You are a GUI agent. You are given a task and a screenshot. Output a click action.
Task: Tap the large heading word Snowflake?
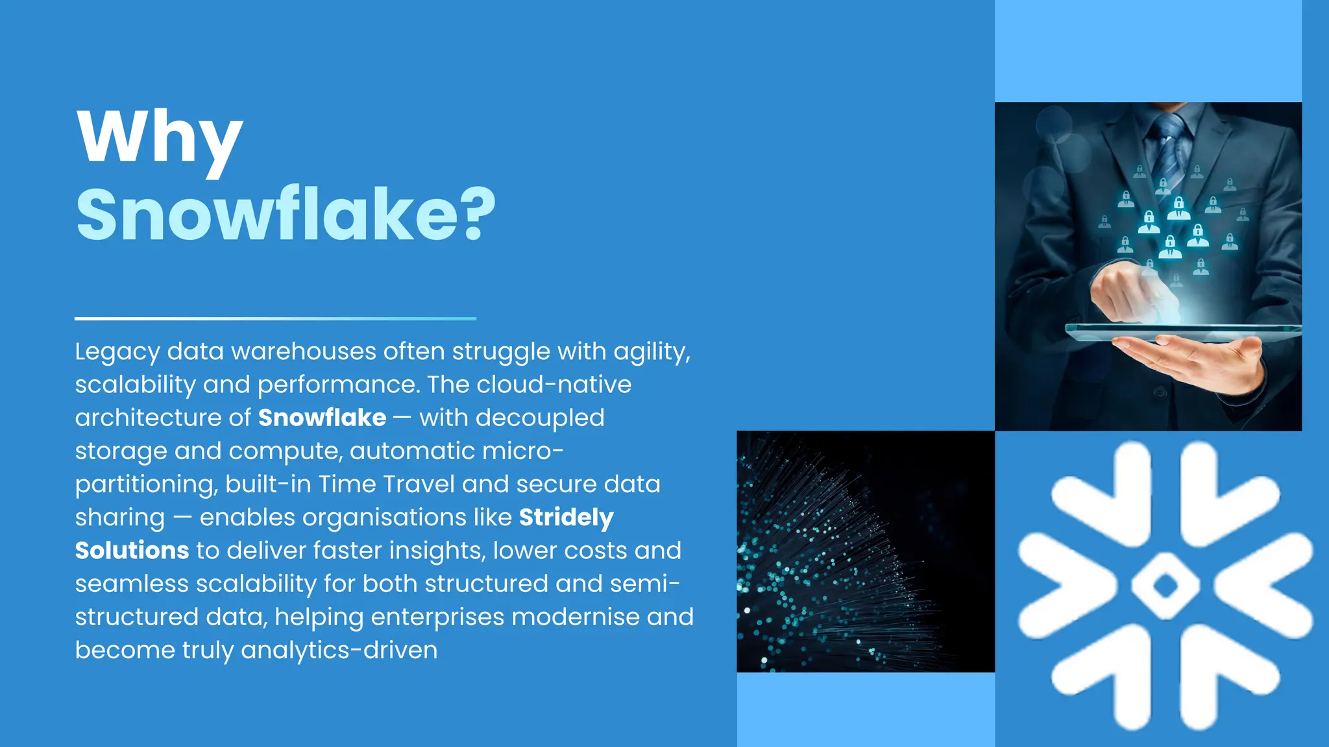tap(286, 214)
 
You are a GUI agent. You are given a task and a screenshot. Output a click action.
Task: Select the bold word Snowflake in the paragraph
tap(322, 418)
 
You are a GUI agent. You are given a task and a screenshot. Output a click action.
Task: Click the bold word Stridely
tap(566, 517)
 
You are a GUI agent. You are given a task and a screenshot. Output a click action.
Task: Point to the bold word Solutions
tap(132, 551)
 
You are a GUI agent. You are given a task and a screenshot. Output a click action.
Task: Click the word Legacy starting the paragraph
tap(117, 352)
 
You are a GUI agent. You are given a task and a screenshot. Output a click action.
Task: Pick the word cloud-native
tap(554, 385)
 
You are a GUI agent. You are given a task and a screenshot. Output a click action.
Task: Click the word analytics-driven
tap(339, 650)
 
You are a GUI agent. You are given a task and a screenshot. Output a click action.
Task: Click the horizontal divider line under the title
tap(275, 318)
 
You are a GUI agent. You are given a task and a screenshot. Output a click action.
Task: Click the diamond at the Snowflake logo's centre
tap(1165, 586)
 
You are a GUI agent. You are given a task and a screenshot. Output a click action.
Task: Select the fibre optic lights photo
tap(865, 551)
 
